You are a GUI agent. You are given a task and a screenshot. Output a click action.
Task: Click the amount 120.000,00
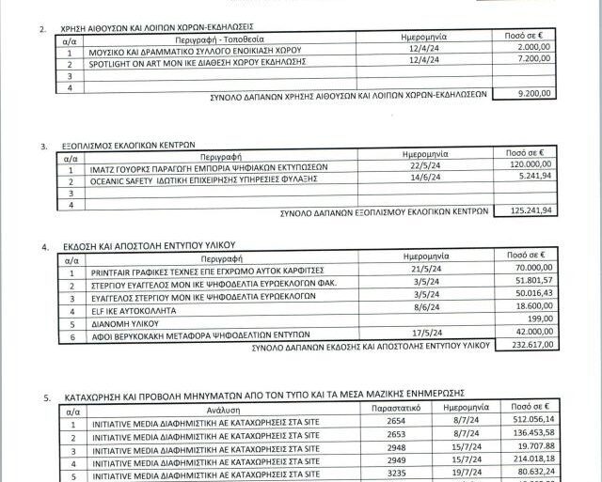529,163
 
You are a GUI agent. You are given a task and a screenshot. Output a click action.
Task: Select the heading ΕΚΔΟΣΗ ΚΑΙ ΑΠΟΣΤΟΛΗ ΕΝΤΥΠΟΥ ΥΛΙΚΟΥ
150,245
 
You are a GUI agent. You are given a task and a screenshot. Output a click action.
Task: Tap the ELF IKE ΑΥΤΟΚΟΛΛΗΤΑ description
137,307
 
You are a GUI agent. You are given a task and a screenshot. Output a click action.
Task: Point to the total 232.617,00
529,346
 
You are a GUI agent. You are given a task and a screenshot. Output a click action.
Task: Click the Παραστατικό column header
401,411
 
